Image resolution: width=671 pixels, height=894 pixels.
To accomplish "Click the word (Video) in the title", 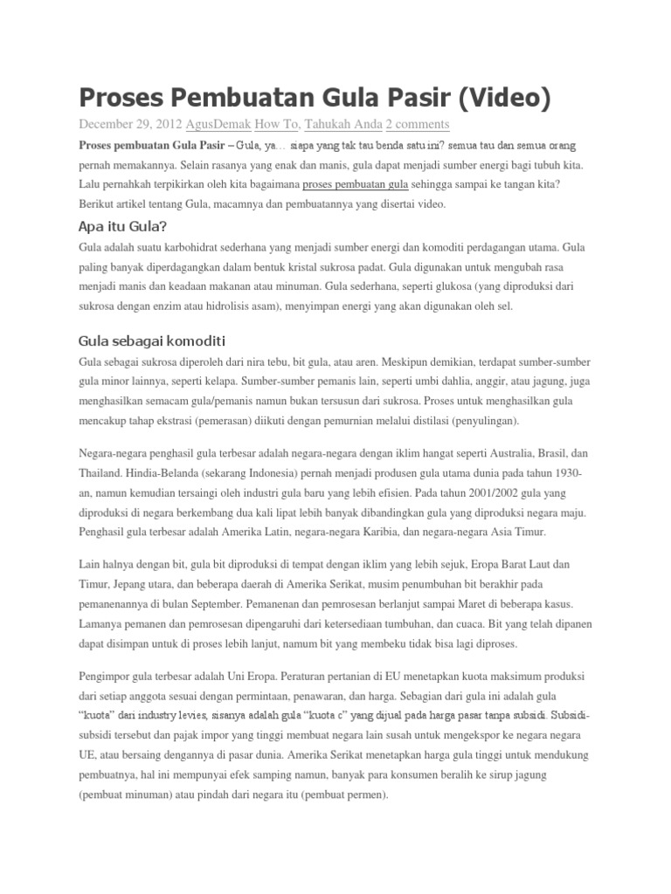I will tap(495, 99).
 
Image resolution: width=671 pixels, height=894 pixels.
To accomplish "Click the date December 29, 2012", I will tap(130, 124).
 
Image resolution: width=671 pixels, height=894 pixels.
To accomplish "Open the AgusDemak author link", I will tap(218, 124).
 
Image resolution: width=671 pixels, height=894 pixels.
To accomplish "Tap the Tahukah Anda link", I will tap(343, 124).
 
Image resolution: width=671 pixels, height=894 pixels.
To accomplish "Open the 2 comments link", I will tap(418, 124).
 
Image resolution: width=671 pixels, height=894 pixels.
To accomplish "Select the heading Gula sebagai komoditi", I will tap(152, 340).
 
